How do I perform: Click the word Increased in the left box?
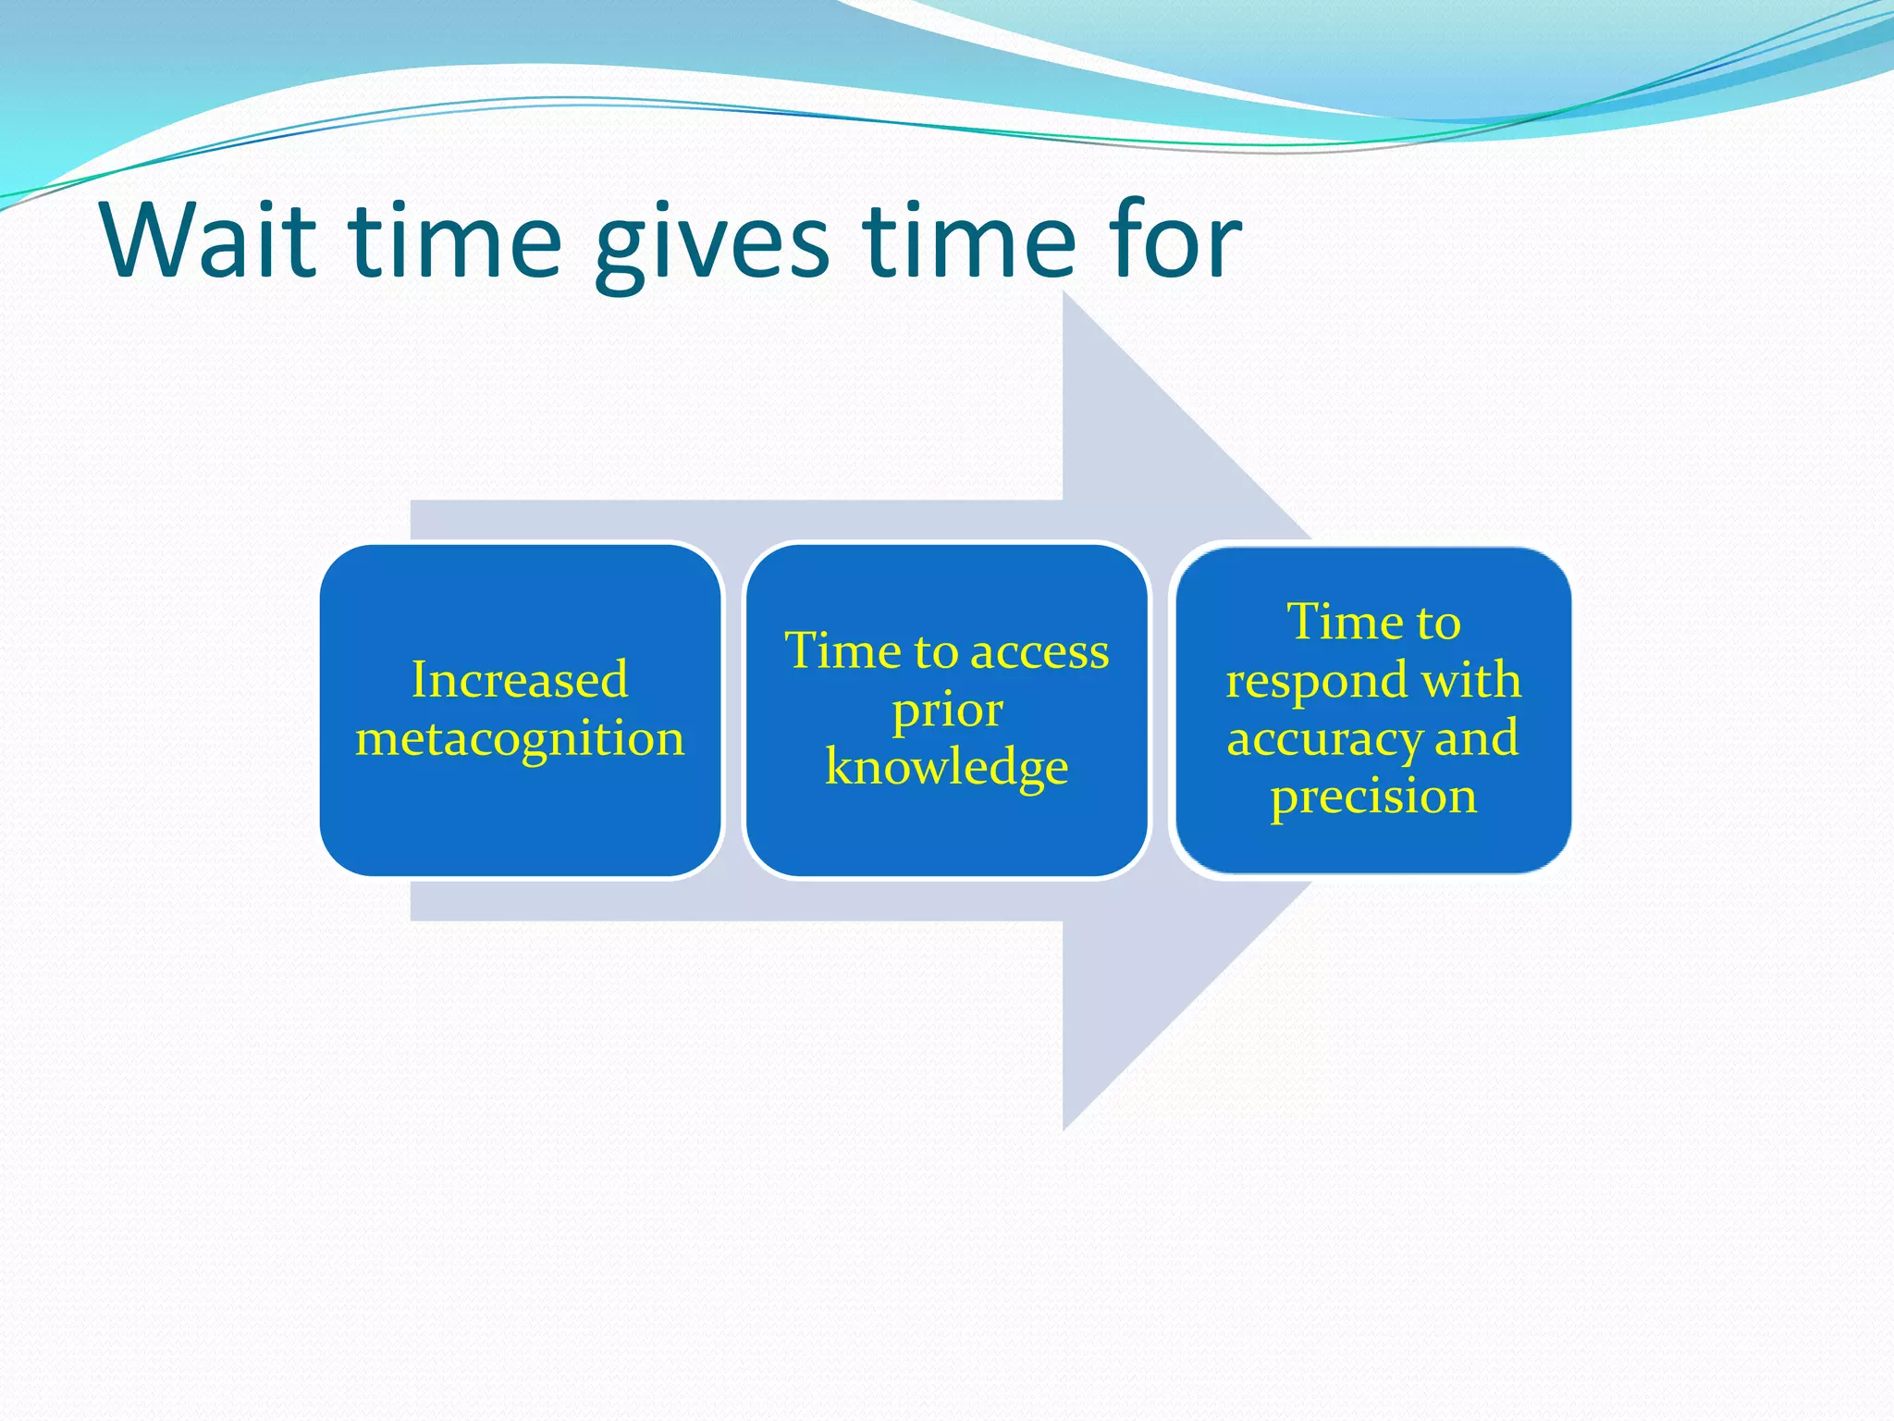[520, 680]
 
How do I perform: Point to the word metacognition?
[520, 739]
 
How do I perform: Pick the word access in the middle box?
[1039, 651]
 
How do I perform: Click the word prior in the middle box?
[947, 710]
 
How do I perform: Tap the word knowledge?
[947, 768]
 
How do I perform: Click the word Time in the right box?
[1334, 622]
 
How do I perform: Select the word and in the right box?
[1476, 738]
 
